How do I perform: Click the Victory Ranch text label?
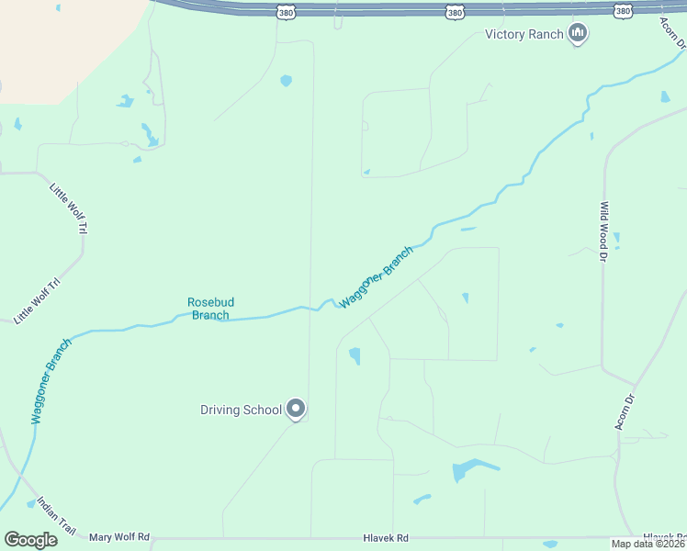[524, 35]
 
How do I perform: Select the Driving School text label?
[241, 410]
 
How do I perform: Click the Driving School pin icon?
[296, 409]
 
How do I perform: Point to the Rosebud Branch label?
[208, 309]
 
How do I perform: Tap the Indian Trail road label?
[57, 516]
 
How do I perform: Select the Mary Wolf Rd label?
[119, 536]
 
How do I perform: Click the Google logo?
[31, 539]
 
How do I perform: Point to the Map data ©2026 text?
[648, 544]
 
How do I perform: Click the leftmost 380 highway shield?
[286, 11]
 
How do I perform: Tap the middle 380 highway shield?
[455, 11]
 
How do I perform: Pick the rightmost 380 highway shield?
[624, 11]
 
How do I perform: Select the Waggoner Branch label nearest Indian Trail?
[51, 381]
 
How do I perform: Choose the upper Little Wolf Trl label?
[69, 208]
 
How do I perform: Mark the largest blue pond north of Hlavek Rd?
[467, 470]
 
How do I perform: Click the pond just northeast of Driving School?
[355, 355]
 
